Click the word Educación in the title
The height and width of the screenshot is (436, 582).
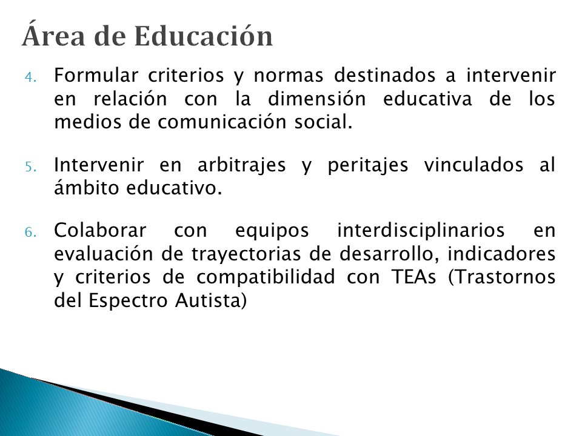coord(204,36)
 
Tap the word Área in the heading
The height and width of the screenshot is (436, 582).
coord(53,35)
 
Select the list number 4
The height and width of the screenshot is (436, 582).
coord(30,77)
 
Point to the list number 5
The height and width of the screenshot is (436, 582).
coord(30,167)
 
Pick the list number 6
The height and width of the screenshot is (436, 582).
coord(30,233)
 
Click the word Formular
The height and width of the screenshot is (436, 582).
coord(96,75)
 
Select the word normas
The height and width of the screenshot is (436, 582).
coord(288,76)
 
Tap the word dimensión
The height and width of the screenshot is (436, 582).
coord(317,98)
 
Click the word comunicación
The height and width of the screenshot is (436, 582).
coord(222,122)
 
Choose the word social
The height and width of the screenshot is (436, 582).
coord(323,122)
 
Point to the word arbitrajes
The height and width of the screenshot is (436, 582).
coord(242,165)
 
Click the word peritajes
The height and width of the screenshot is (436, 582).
coord(367,165)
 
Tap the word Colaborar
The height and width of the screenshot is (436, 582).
coord(100,230)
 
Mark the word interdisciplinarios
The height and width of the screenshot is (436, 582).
coord(421,230)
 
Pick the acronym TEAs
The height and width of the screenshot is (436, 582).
coord(413,277)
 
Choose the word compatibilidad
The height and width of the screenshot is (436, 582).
coord(266,277)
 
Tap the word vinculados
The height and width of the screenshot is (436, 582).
coord(473,165)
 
